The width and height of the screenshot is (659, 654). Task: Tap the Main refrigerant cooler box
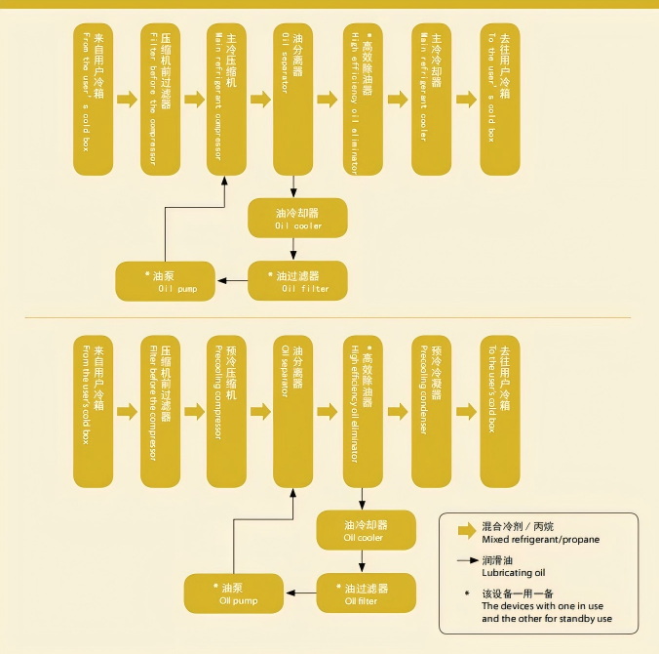431,99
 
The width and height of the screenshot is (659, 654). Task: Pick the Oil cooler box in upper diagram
297,218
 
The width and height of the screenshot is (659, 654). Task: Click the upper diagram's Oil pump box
165,282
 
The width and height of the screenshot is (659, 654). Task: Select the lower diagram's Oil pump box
234,594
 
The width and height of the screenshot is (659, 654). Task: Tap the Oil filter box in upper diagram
297,281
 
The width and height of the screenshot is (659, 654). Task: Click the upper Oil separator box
292,99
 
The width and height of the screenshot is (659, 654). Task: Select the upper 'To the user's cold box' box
499,99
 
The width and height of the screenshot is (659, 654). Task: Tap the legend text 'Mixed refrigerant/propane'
540,539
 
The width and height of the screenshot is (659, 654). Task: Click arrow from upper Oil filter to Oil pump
232,281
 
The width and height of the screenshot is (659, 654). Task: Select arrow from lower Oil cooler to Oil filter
362,561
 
